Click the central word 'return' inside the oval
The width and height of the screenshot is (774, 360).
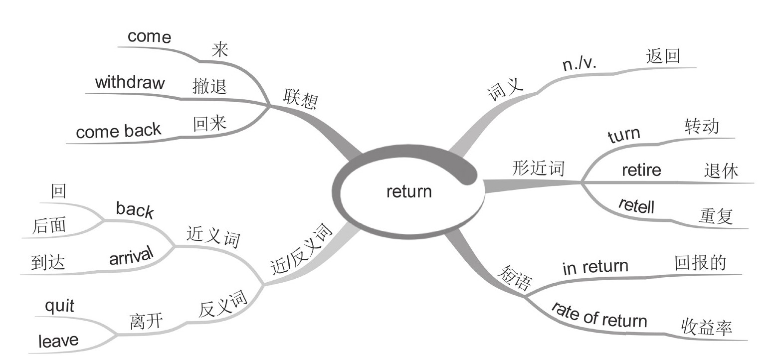tap(409, 191)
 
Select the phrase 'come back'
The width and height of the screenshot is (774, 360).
tap(118, 131)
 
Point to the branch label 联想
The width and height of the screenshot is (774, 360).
tap(300, 99)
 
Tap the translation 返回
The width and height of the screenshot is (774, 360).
tap(663, 56)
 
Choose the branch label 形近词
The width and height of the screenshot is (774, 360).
tap(538, 169)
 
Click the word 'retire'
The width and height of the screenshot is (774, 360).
tap(641, 170)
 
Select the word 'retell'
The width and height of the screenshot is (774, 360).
tap(636, 205)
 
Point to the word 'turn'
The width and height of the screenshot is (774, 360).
tap(624, 135)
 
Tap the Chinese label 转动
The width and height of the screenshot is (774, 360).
tap(702, 126)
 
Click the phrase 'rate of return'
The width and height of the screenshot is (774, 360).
tap(598, 315)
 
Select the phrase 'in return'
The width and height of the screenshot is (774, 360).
tap(595, 267)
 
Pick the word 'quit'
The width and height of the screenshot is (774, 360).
tap(59, 306)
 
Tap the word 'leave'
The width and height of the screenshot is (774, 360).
tap(58, 341)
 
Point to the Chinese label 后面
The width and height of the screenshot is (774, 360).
tap(49, 226)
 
